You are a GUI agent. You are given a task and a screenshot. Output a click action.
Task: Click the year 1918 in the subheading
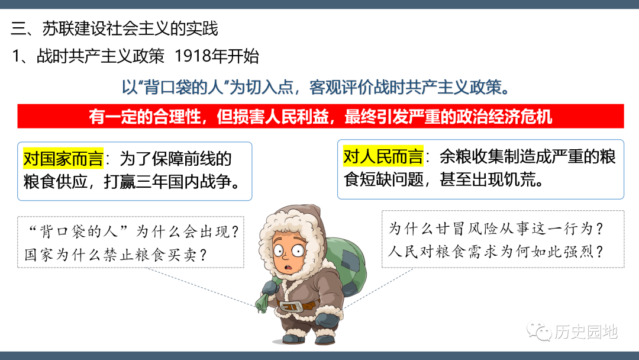pyautogui.click(x=189, y=56)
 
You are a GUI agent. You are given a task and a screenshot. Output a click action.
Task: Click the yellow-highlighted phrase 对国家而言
pyautogui.click(x=63, y=159)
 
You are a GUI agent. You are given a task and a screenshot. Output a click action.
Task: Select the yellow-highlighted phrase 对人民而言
pyautogui.click(x=383, y=156)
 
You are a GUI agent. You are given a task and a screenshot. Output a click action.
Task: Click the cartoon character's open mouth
pyautogui.click(x=289, y=268)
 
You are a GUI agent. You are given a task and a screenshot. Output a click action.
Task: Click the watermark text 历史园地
pyautogui.click(x=586, y=332)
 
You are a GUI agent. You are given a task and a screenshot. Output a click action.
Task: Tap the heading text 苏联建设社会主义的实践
pyautogui.click(x=130, y=28)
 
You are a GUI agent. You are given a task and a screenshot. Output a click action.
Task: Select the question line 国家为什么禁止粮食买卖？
pyautogui.click(x=116, y=255)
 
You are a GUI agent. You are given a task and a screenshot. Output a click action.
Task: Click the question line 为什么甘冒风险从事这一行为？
pyautogui.click(x=496, y=229)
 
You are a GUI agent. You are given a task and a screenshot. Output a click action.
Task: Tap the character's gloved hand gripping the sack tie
pyautogui.click(x=270, y=289)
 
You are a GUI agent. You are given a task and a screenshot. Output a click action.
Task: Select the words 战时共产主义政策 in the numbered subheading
pyautogui.click(x=100, y=56)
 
